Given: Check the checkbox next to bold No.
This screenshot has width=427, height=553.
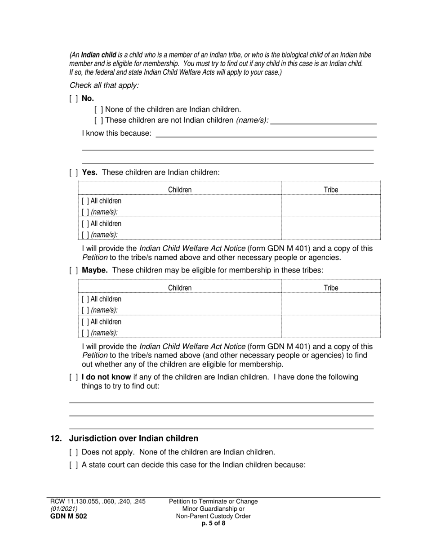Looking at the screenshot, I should pyautogui.click(x=74, y=98).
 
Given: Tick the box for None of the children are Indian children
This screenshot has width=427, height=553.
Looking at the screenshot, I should pyautogui.click(x=99, y=109).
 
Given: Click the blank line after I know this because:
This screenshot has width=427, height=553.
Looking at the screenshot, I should pyautogui.click(x=265, y=134).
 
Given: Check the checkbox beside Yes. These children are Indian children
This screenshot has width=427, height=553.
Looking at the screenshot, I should pyautogui.click(x=74, y=172).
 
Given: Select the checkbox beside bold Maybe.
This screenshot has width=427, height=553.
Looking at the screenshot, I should pyautogui.click(x=74, y=270).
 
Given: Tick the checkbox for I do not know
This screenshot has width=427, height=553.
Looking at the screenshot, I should pyautogui.click(x=74, y=377).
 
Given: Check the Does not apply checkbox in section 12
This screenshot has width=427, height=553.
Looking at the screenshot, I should pyautogui.click(x=74, y=452).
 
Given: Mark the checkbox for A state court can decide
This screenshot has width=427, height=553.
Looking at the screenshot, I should pyautogui.click(x=74, y=465).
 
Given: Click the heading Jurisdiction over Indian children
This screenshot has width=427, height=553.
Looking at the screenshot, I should pyautogui.click(x=133, y=438).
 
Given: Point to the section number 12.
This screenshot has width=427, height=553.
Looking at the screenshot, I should pyautogui.click(x=56, y=438).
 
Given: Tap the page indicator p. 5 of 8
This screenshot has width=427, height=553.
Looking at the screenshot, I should pyautogui.click(x=213, y=523).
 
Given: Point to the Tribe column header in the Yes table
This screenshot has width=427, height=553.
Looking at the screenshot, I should pyautogui.click(x=331, y=190).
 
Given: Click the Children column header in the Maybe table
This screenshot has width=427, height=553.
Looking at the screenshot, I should pyautogui.click(x=179, y=288).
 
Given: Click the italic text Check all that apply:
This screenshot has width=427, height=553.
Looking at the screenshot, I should pyautogui.click(x=104, y=85).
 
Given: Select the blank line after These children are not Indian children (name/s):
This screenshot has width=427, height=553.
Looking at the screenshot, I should pyautogui.click(x=324, y=120).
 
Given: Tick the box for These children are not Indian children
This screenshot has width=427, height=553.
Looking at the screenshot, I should pyautogui.click(x=99, y=120).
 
